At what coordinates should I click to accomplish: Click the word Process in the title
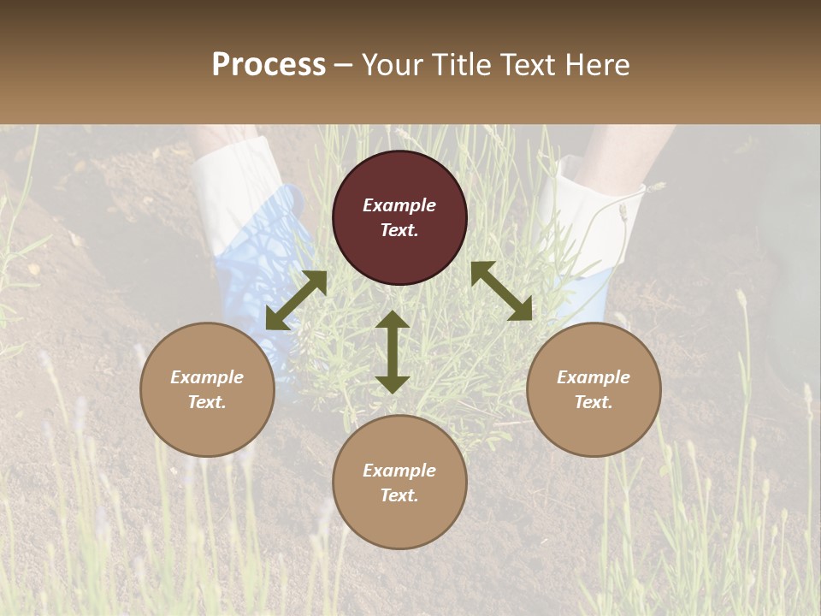coord(269,65)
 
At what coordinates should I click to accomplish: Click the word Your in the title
coord(393,65)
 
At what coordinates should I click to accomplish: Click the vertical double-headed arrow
coord(393,352)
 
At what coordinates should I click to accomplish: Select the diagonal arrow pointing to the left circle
coord(296,300)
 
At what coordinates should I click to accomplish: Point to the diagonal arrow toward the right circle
coord(502,291)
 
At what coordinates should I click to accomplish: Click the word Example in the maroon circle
coord(399,205)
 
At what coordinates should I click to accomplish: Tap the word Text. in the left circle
coord(207,402)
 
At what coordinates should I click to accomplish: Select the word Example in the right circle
coord(594,377)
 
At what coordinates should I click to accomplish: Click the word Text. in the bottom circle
coord(399,495)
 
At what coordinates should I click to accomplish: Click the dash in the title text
coord(344,65)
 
